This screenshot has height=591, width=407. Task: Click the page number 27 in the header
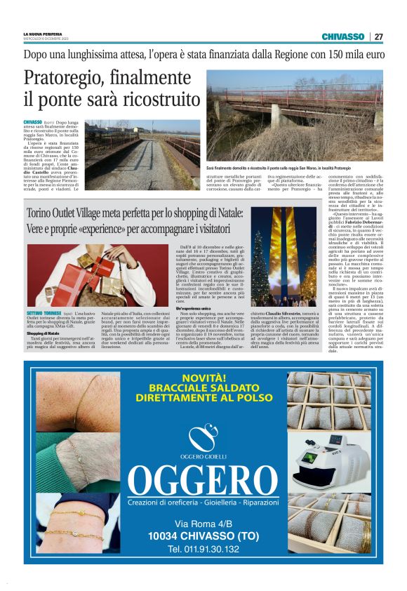pyautogui.click(x=378, y=36)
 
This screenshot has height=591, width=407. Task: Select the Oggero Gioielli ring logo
pyautogui.click(x=203, y=438)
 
